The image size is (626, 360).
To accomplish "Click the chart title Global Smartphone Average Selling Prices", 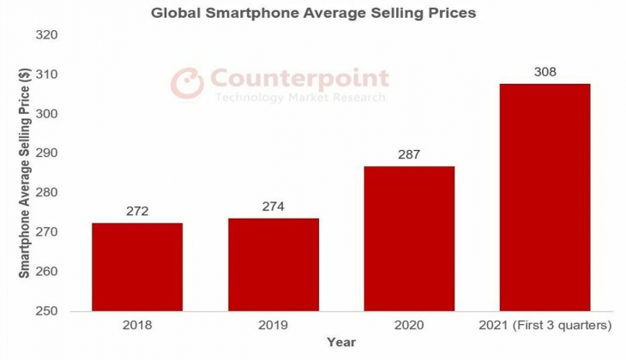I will pos(313,14).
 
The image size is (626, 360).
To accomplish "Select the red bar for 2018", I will pos(137,267).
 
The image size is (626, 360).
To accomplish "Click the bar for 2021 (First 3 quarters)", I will pos(545,197).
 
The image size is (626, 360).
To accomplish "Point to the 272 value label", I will pos(137,210).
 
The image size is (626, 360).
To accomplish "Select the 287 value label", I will pos(409,154).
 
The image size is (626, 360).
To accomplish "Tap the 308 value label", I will pos(545,71).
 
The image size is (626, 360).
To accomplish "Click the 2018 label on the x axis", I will pos(137,326).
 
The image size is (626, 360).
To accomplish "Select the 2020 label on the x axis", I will pos(409,326).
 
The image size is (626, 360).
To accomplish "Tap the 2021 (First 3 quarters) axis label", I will pos(545,326).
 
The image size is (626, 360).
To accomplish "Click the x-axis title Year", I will pos(340,342).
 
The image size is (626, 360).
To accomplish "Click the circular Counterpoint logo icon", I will pos(184,83).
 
